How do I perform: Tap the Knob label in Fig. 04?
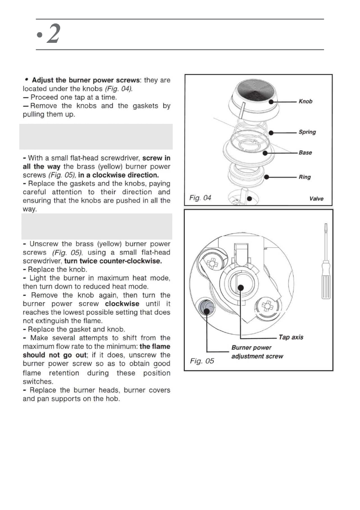click(305, 102)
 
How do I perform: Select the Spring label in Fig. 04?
click(307, 132)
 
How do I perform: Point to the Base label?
click(305, 153)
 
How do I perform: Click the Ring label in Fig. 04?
click(305, 177)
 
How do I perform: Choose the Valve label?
click(316, 199)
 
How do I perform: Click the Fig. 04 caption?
click(200, 198)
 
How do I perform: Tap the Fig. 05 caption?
click(202, 361)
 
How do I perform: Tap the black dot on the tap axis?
click(241, 287)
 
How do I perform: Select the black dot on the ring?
click(267, 177)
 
